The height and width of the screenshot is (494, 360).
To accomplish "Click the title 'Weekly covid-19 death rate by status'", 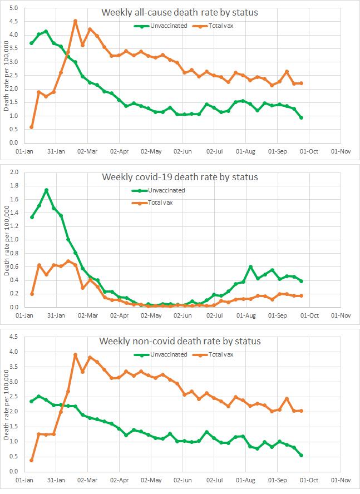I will point(180,177).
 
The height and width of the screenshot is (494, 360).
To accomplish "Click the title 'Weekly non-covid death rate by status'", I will point(180,341).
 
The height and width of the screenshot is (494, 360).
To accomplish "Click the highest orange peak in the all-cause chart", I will point(75,21).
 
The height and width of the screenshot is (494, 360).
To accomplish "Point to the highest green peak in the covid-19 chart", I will point(46,190).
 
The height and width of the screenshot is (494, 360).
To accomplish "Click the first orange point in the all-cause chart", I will point(31,127).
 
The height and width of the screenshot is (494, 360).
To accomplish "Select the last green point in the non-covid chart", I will point(301,455).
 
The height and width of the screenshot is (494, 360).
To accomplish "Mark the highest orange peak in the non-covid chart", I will point(75,354).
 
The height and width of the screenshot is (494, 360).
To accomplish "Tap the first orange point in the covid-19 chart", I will point(31,294).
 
